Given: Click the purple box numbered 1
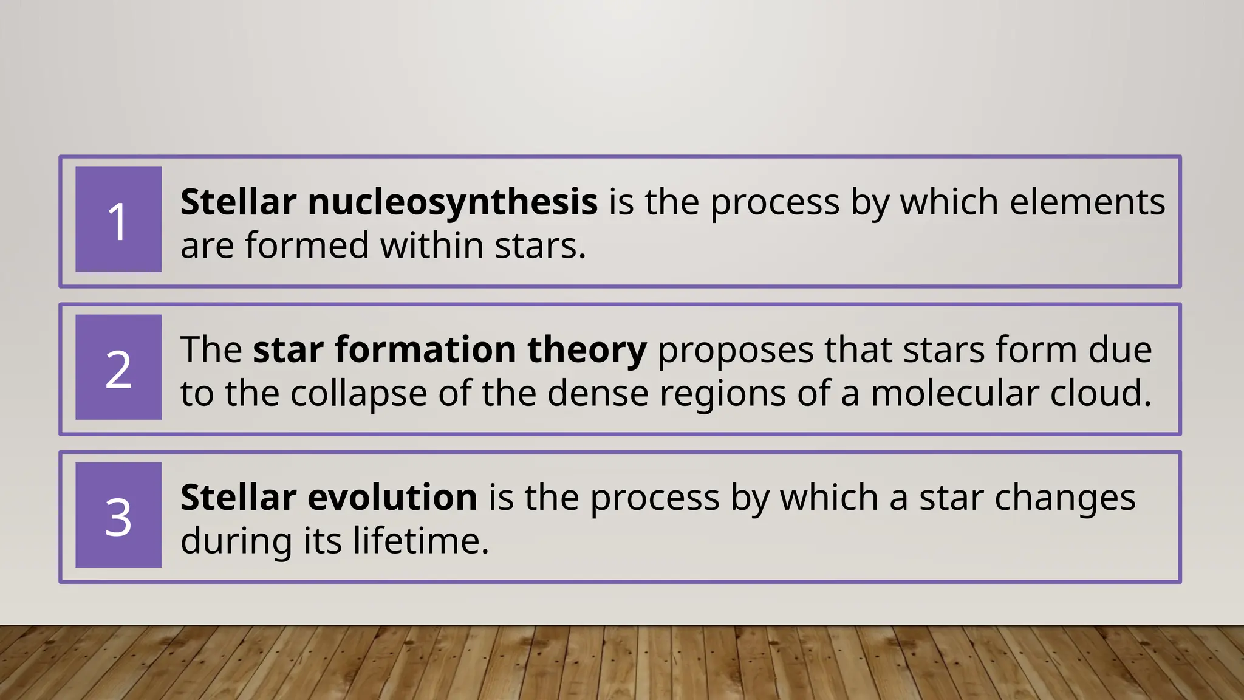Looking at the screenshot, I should coord(118,219).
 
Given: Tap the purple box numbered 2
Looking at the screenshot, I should coord(118,367).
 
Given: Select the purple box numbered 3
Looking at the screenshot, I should coord(118,515).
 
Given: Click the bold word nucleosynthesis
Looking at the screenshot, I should coord(453,202).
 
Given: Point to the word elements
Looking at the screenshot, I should coord(1087,202).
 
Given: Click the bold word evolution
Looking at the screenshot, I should coord(392,498).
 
